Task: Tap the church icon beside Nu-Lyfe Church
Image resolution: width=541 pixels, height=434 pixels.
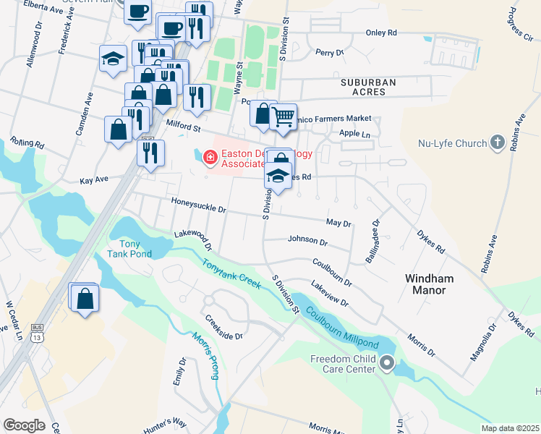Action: [x=497, y=142]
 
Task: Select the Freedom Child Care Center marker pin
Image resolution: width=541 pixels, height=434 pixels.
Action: [x=387, y=363]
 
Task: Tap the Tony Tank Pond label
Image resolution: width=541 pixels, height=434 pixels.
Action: [x=129, y=248]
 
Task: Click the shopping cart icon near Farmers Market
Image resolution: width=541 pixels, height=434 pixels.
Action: [x=284, y=116]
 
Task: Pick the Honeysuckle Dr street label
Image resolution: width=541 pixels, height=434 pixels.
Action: [x=199, y=206]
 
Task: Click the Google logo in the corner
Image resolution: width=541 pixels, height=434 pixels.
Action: [x=24, y=425]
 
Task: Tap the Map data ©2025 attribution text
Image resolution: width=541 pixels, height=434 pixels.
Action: [x=510, y=428]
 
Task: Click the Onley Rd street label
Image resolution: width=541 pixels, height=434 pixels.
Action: [x=381, y=33]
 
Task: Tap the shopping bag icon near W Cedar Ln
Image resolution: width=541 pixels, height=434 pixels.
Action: [x=85, y=298]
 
